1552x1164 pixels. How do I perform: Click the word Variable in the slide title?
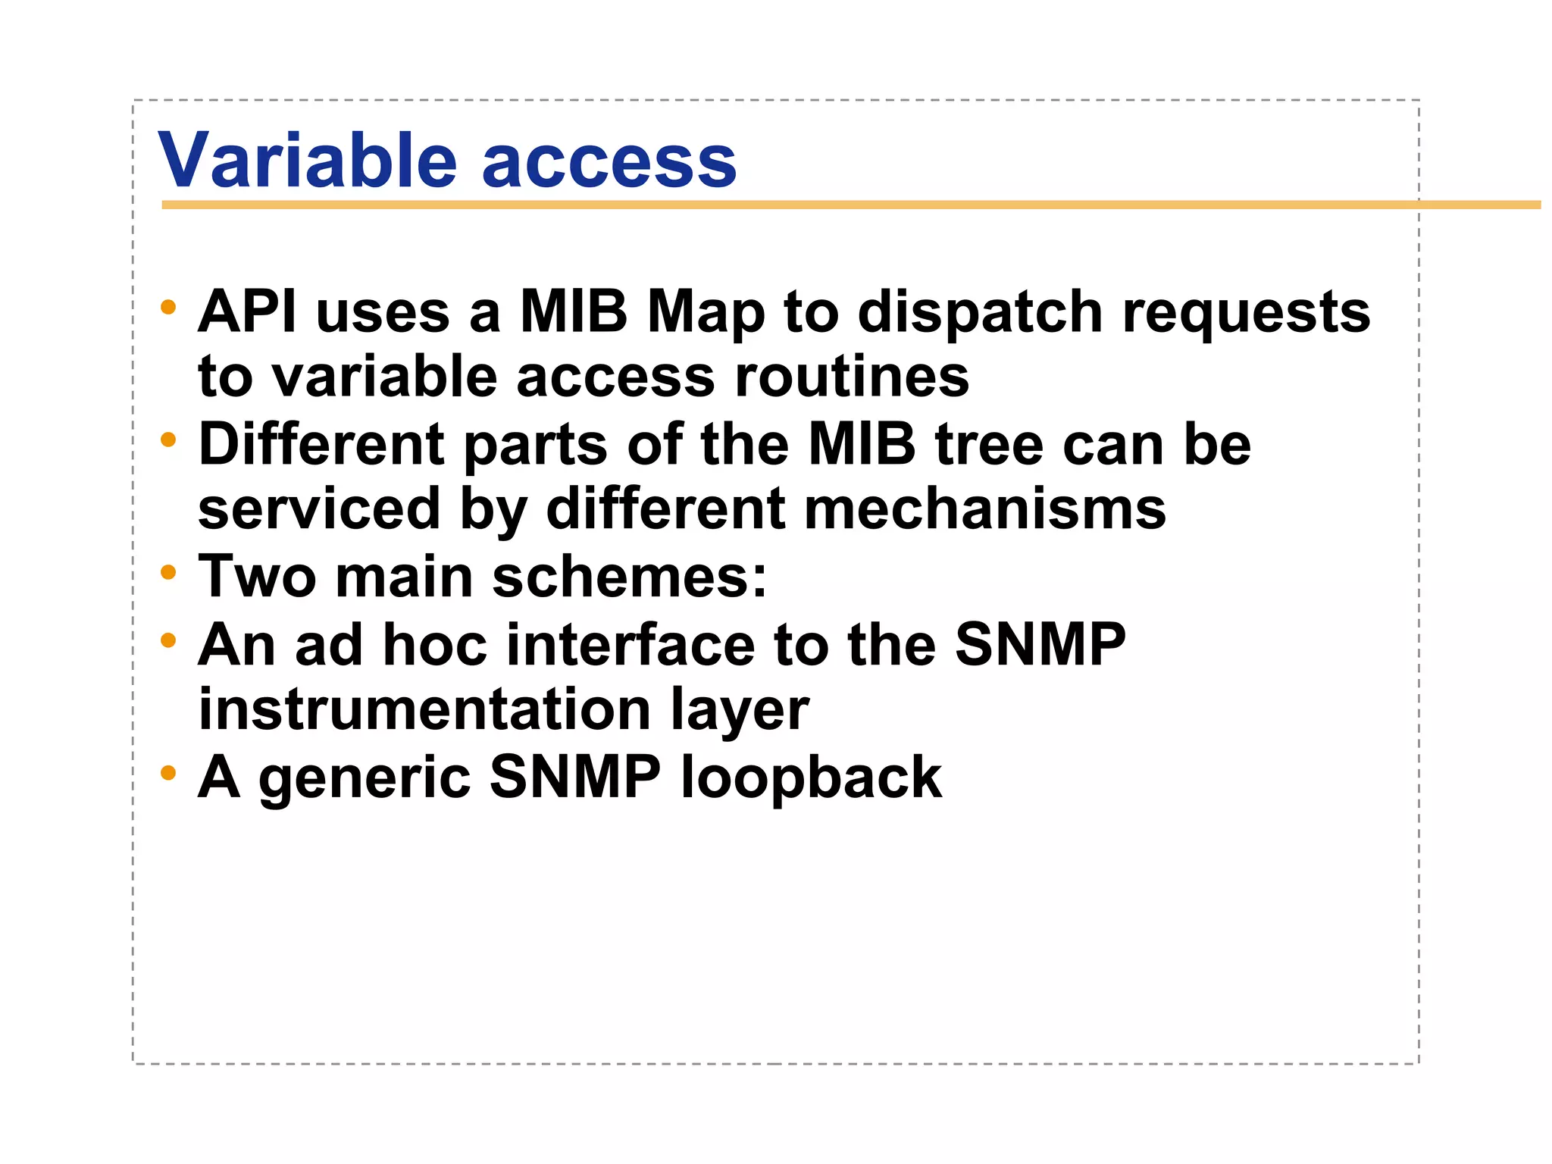point(307,161)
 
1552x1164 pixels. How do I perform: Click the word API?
point(247,311)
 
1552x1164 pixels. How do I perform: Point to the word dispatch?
point(980,313)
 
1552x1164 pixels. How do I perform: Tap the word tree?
point(989,445)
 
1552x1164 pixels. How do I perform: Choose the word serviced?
point(319,509)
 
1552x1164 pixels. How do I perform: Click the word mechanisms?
point(984,509)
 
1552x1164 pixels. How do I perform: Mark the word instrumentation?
point(424,710)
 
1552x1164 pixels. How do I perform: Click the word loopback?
point(811,779)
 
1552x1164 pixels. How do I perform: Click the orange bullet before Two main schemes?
point(168,573)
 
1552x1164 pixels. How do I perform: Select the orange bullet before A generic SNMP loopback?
point(168,774)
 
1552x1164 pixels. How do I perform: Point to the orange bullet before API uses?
point(168,308)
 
